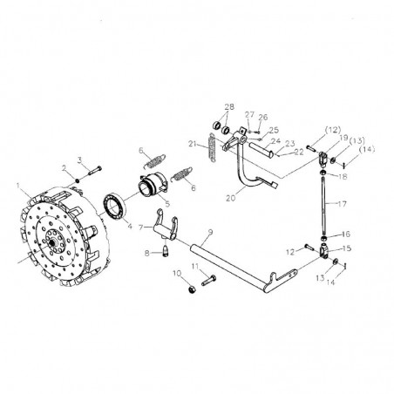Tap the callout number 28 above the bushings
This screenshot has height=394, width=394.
coord(228,107)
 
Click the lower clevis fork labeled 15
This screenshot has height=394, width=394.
coord(325,254)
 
